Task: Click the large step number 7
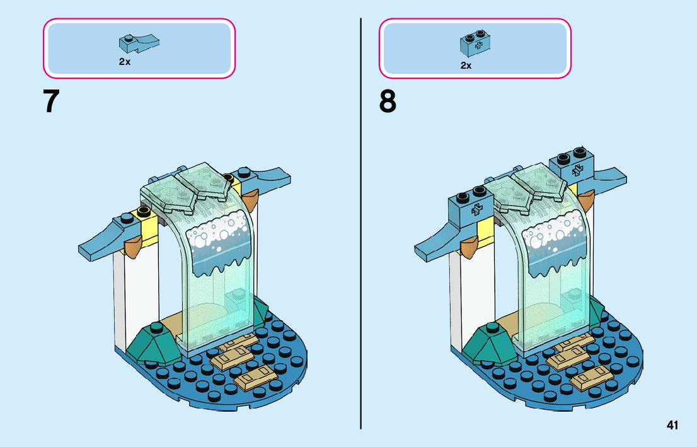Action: pyautogui.click(x=52, y=102)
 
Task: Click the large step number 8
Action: pyautogui.click(x=388, y=102)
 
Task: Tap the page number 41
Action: pyautogui.click(x=672, y=426)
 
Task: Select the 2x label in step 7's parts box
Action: pyautogui.click(x=124, y=62)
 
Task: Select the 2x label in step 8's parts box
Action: pyautogui.click(x=466, y=65)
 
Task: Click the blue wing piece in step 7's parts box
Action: pyautogui.click(x=139, y=43)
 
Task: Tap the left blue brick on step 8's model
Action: pyautogui.click(x=471, y=207)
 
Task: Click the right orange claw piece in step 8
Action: pyautogui.click(x=587, y=200)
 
